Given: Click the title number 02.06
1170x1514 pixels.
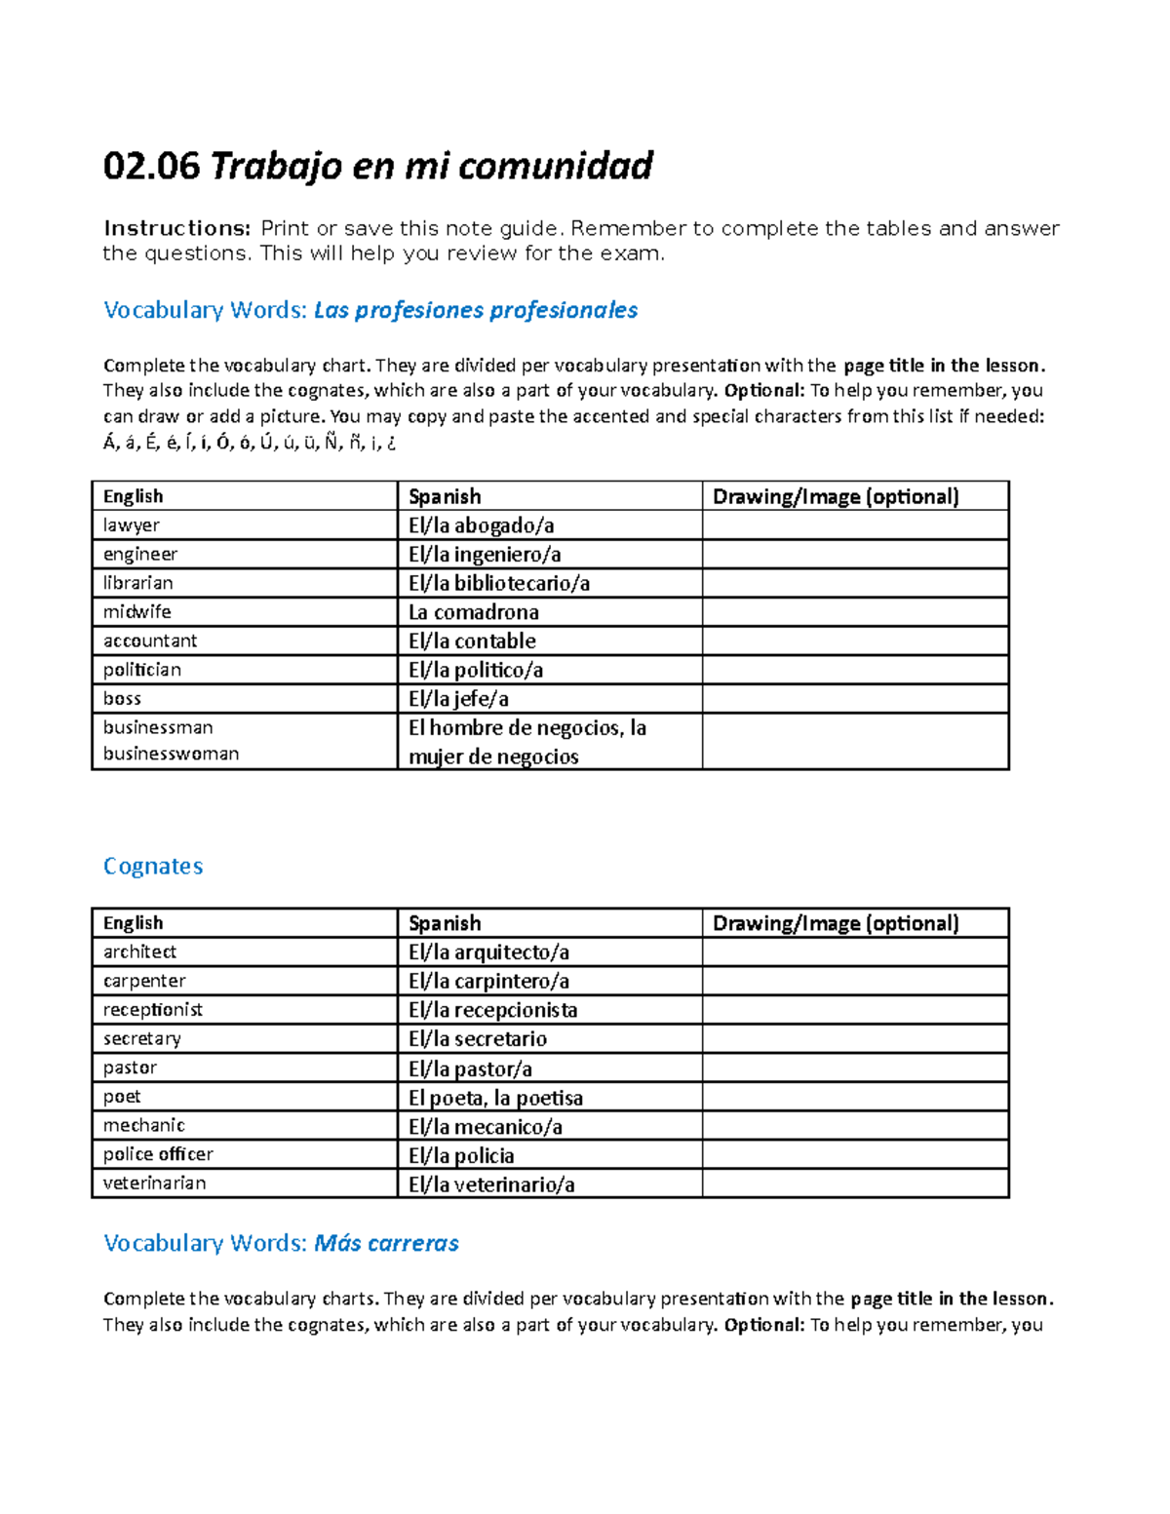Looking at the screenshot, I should [151, 167].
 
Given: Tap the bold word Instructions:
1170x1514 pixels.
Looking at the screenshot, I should [177, 228].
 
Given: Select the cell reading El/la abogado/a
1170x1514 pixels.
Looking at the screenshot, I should [482, 525].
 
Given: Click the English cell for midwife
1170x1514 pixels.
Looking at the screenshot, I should [137, 611].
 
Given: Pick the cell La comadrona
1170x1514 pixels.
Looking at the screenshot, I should [474, 612].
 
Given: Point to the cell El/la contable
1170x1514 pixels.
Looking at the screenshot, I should [472, 641].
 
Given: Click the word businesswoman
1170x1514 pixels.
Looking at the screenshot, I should [171, 754].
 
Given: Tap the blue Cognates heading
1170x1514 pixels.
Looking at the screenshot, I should [153, 866].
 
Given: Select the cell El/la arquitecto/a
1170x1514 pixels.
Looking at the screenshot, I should [488, 951].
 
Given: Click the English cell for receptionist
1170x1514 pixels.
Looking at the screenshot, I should [153, 1009].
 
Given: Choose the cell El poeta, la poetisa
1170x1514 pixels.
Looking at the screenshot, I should [495, 1098].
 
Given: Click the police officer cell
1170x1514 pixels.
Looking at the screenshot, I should [158, 1154].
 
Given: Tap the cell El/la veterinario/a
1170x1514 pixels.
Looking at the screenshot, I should [491, 1184].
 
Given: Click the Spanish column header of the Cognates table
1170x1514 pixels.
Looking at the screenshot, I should [445, 923].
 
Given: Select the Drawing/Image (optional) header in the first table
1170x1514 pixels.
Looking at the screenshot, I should [836, 496].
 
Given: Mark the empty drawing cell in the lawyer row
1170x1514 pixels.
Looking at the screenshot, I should [854, 525].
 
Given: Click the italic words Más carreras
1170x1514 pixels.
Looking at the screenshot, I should [386, 1243].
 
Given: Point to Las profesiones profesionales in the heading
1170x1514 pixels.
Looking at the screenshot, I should [476, 310].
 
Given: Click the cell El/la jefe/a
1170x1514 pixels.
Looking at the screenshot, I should [458, 699].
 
